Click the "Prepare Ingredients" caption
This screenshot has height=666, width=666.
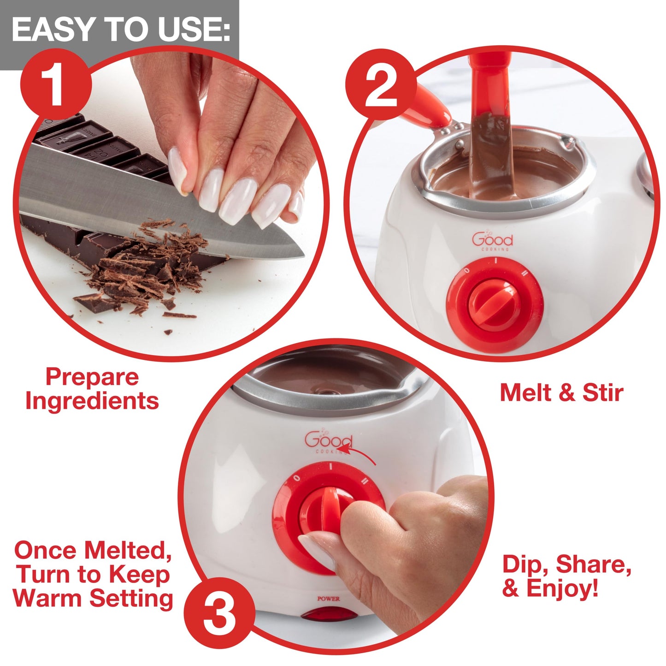[92, 389]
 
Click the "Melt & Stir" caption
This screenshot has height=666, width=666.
[561, 393]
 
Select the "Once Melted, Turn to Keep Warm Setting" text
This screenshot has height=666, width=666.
[93, 575]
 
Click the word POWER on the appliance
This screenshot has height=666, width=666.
[328, 599]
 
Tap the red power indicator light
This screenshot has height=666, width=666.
[328, 615]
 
